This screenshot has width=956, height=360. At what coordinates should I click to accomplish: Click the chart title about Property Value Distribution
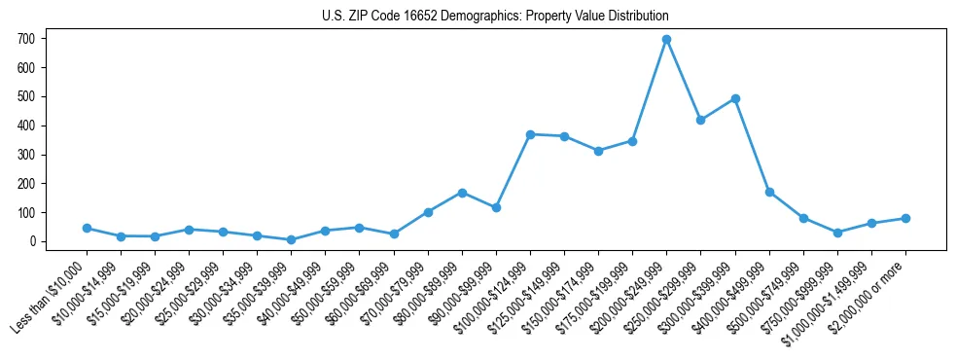pyautogui.click(x=495, y=17)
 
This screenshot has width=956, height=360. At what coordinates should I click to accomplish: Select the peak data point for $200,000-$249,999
pyautogui.click(x=666, y=39)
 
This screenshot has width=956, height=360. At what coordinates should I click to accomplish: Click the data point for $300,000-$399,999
pyautogui.click(x=735, y=98)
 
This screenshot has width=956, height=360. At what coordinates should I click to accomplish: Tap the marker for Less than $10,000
pyautogui.click(x=87, y=228)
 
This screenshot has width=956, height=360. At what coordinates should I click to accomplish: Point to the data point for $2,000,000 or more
pyautogui.click(x=905, y=218)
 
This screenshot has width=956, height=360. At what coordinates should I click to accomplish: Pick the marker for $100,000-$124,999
pyautogui.click(x=530, y=134)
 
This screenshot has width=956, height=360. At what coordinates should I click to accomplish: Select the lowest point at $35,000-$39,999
pyautogui.click(x=291, y=239)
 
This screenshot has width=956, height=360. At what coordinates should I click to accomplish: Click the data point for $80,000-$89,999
pyautogui.click(x=462, y=193)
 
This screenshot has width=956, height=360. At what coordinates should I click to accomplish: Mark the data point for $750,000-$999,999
pyautogui.click(x=837, y=233)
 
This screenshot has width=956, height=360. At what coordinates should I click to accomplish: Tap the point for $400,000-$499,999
pyautogui.click(x=769, y=193)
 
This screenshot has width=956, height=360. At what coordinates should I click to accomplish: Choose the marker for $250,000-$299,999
pyautogui.click(x=700, y=120)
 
